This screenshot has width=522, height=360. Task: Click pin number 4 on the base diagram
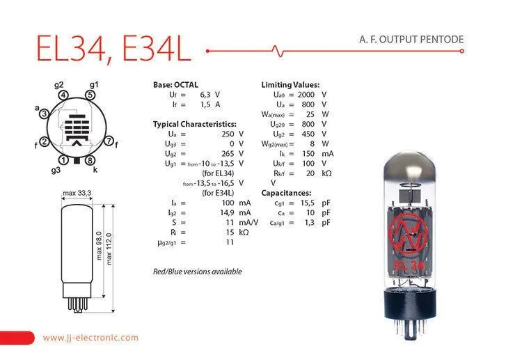pyautogui.click(x=63, y=95)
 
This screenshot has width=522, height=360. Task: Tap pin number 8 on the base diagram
pyautogui.click(x=90, y=161)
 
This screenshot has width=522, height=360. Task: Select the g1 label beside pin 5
pyautogui.click(x=94, y=85)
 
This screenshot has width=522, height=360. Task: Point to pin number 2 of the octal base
pyautogui.click(x=44, y=142)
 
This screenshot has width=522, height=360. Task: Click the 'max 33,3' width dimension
pyautogui.click(x=77, y=193)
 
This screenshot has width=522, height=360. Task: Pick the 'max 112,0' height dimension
pyautogui.click(x=109, y=249)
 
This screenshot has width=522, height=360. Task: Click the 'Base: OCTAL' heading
pyautogui.click(x=175, y=84)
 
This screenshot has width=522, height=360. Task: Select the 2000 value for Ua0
pyautogui.click(x=306, y=95)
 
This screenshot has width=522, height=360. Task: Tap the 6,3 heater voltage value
pyautogui.click(x=205, y=95)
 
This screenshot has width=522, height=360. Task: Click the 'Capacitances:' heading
pyautogui.click(x=286, y=193)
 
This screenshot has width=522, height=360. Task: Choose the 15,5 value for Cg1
pyautogui.click(x=307, y=203)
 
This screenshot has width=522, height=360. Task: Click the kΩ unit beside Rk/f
pyautogui.click(x=326, y=173)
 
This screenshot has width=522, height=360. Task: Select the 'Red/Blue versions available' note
pyautogui.click(x=198, y=272)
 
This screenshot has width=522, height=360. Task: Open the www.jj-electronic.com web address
pyautogui.click(x=90, y=337)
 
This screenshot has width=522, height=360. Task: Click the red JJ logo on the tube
pyautogui.click(x=408, y=234)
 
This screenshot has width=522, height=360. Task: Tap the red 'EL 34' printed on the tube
pyautogui.click(x=409, y=265)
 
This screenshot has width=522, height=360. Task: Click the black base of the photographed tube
pyautogui.click(x=410, y=304)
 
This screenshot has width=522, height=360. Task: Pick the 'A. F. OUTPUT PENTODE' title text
pyautogui.click(x=411, y=39)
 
